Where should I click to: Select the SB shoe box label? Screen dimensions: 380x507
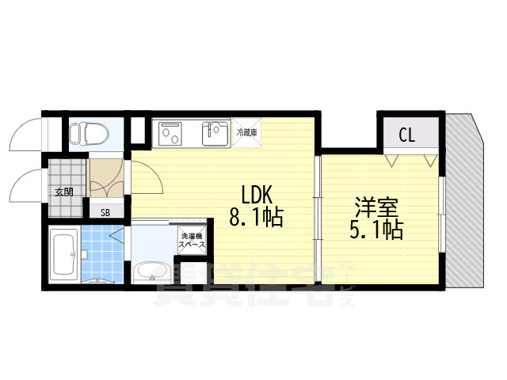[105, 212]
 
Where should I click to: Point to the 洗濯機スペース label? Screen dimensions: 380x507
[193, 240]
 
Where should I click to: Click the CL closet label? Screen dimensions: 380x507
[407, 135]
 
